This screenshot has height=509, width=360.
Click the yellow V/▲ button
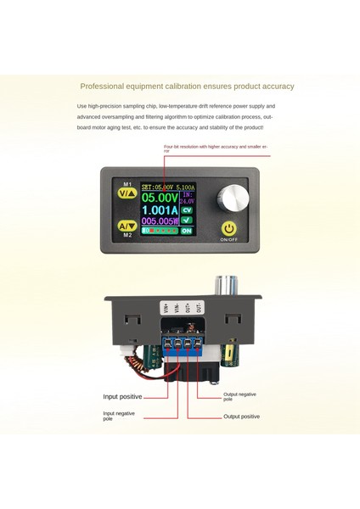pos(126,193)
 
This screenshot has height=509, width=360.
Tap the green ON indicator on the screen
pos(210,231)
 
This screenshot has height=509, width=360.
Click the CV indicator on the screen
pos(210,209)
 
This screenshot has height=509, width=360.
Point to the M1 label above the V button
pos(126,181)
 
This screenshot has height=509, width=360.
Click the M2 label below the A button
pos(126,237)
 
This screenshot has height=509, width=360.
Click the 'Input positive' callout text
pos(123,396)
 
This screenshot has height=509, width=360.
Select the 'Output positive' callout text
pos(242,417)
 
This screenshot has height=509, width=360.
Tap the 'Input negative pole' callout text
pos(119,417)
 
